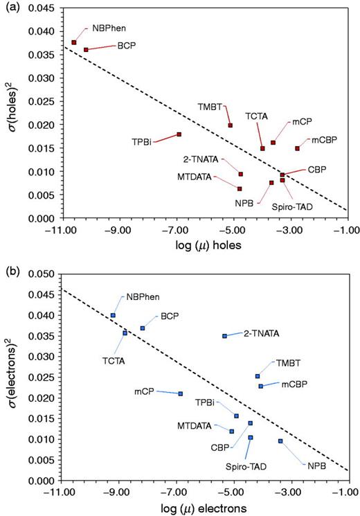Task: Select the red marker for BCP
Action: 86,50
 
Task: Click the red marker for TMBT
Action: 231,125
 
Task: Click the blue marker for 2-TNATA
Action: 224,336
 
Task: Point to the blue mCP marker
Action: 181,393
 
